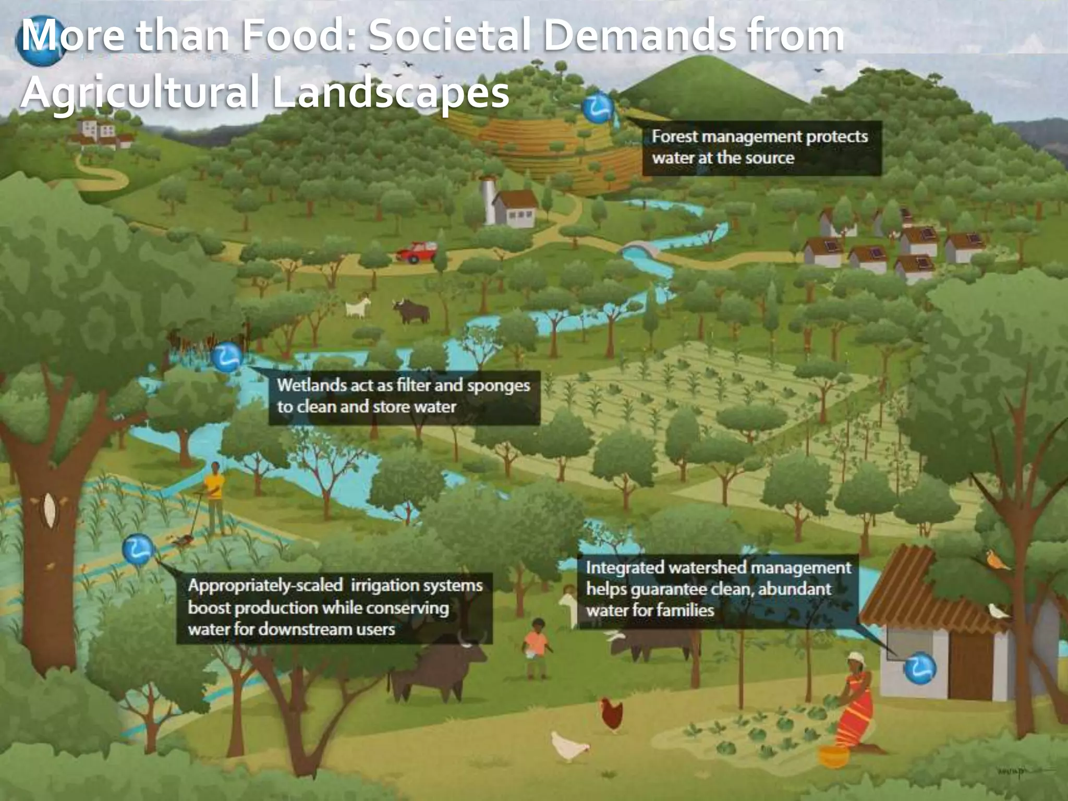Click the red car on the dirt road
tap(416, 252)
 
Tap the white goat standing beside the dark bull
tap(358, 308)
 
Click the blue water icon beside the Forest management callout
tap(598, 108)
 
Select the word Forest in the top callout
tap(675, 137)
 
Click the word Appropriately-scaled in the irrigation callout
tap(265, 586)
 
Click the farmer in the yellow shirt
tap(214, 495)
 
